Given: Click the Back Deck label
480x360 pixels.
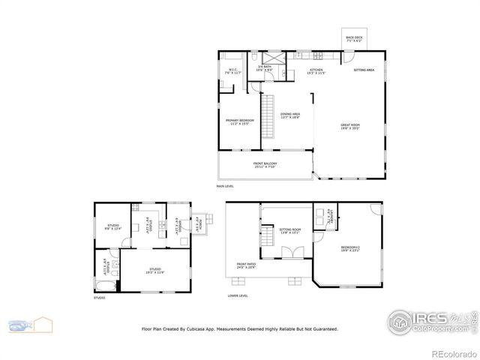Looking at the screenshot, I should coord(354,39).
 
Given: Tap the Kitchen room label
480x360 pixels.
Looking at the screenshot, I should coord(316,72).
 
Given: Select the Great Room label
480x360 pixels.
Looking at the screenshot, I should coord(351,127).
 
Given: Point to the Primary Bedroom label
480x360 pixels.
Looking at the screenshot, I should coord(240,121).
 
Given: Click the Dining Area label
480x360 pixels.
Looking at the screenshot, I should coord(290,116).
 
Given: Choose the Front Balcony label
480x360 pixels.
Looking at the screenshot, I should coord(265,165).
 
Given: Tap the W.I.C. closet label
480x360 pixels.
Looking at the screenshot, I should coord(232,72).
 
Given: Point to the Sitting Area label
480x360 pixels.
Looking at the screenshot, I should coord(364,70).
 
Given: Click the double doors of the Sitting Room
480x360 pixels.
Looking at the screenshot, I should coord(289,253).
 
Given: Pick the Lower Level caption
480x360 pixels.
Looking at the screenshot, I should coord(238,295).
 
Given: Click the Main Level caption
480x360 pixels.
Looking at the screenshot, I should coord(225,185).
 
